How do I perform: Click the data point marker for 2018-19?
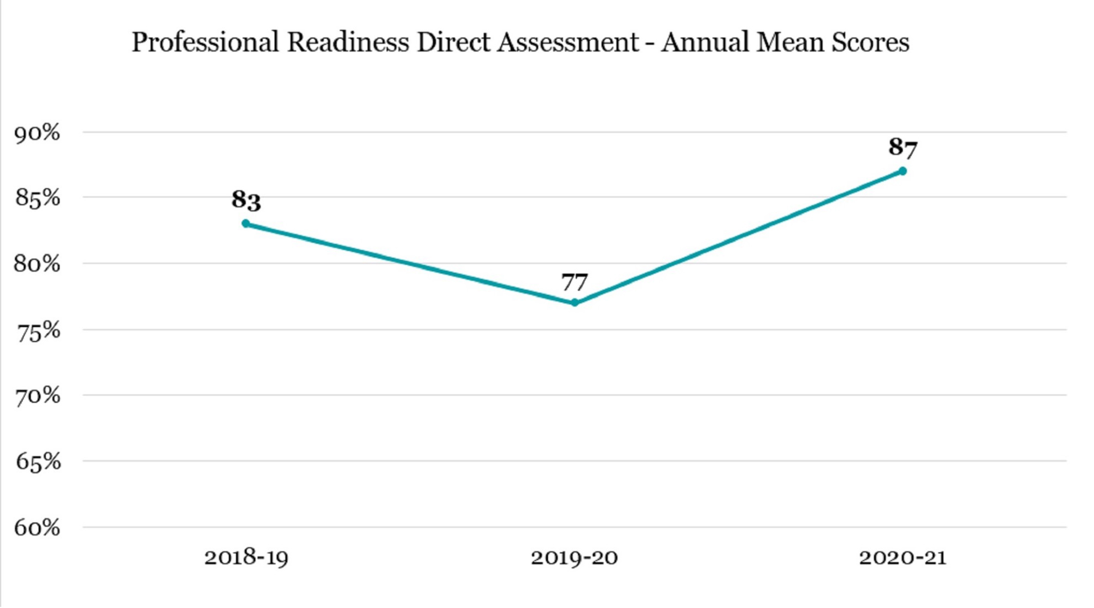[246, 224]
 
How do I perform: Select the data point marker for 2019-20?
[574, 302]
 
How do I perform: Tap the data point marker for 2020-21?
[903, 171]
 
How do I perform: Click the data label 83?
[246, 200]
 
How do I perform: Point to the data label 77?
[574, 282]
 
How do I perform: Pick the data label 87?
[903, 147]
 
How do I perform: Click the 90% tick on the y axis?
[37, 133]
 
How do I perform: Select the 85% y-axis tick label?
[37, 198]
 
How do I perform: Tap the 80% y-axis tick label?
[37, 264]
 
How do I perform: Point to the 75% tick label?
[39, 332]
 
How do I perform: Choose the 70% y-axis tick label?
[38, 397]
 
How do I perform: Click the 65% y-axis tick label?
[38, 462]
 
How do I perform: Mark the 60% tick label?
[37, 528]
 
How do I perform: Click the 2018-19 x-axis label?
[246, 558]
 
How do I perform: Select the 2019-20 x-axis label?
[574, 558]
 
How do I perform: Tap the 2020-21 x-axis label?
[903, 558]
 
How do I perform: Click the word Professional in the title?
[205, 42]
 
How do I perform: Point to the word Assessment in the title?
[568, 42]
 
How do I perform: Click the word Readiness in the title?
[348, 42]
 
